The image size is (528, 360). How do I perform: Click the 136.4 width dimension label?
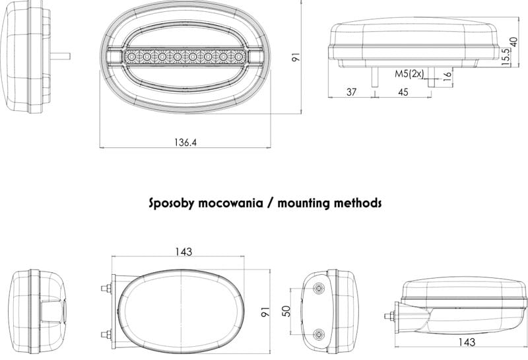(x=185, y=143)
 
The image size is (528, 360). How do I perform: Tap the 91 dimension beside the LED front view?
(x=296, y=57)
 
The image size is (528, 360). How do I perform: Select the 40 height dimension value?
(x=513, y=42)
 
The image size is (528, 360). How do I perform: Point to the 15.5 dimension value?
(x=506, y=57)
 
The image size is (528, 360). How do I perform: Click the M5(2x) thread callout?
(x=409, y=74)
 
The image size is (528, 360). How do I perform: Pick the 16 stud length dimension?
(x=447, y=77)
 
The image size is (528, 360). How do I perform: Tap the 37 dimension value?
(x=351, y=92)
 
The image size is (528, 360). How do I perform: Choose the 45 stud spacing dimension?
(x=403, y=92)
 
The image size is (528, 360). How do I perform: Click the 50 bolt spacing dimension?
(x=286, y=310)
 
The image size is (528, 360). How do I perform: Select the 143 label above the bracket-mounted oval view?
(x=183, y=252)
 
